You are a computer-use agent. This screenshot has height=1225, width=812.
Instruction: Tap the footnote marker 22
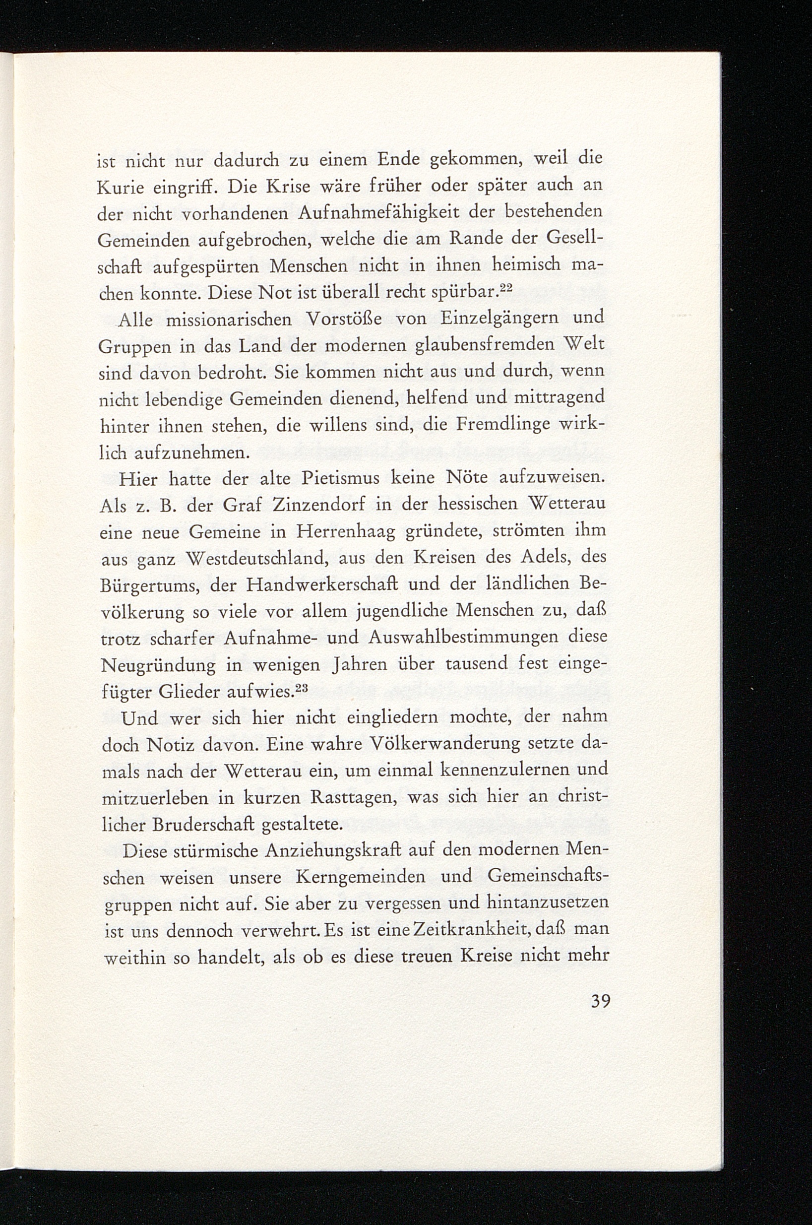(505, 290)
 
